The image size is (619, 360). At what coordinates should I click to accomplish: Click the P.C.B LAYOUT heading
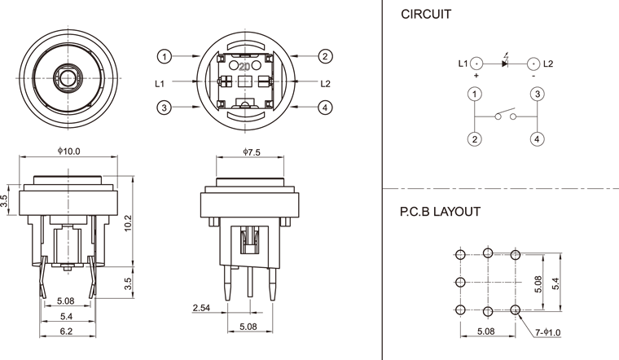(439, 212)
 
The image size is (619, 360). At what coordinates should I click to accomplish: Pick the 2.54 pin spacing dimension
(202, 308)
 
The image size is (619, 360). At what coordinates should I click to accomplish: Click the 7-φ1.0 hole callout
(551, 332)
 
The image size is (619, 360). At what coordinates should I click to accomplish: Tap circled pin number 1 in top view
(165, 56)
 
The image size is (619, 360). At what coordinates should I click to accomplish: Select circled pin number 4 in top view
(325, 108)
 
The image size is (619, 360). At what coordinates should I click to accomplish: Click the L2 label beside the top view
(325, 82)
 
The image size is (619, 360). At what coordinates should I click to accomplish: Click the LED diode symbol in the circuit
(505, 63)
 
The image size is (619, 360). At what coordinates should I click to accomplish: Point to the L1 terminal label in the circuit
(463, 63)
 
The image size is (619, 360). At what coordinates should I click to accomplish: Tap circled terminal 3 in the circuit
(538, 94)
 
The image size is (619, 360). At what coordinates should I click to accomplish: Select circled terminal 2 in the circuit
(473, 139)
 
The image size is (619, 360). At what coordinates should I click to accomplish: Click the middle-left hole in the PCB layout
(461, 283)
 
